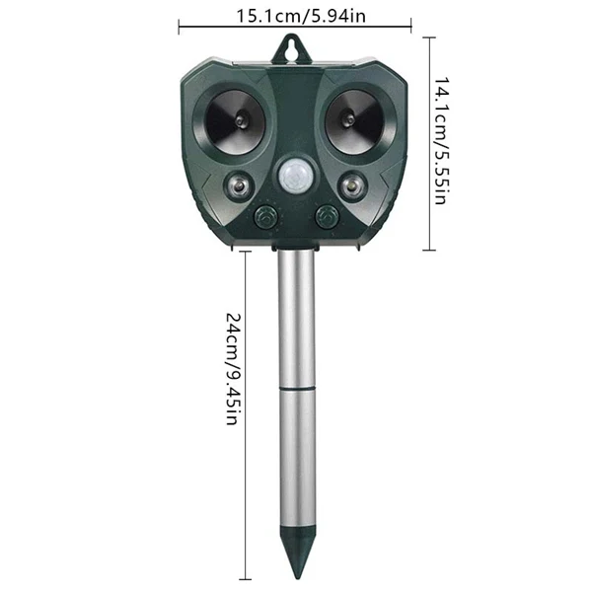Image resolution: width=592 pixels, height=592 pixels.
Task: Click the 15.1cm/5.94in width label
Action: pos(296,15)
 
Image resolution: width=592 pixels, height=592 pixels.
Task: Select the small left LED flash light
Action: pos(238,185)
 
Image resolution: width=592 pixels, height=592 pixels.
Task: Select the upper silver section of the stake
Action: pos(296,316)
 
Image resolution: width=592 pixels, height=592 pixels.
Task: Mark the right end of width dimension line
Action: pos(411,29)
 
